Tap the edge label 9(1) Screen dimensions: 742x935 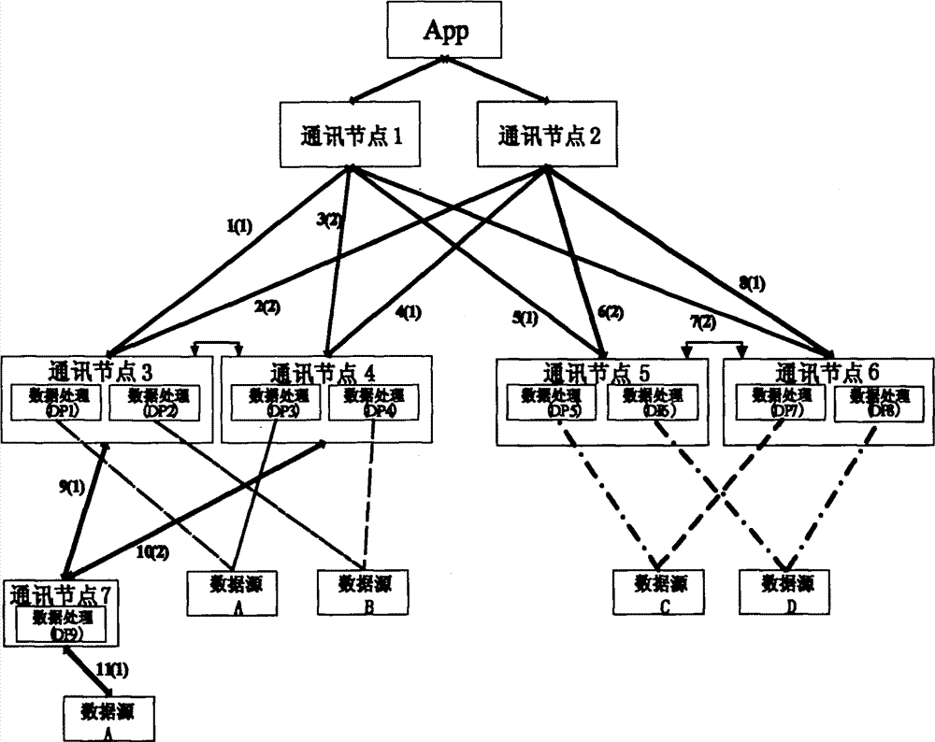[x=73, y=486]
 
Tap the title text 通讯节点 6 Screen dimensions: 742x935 [x=827, y=371]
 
